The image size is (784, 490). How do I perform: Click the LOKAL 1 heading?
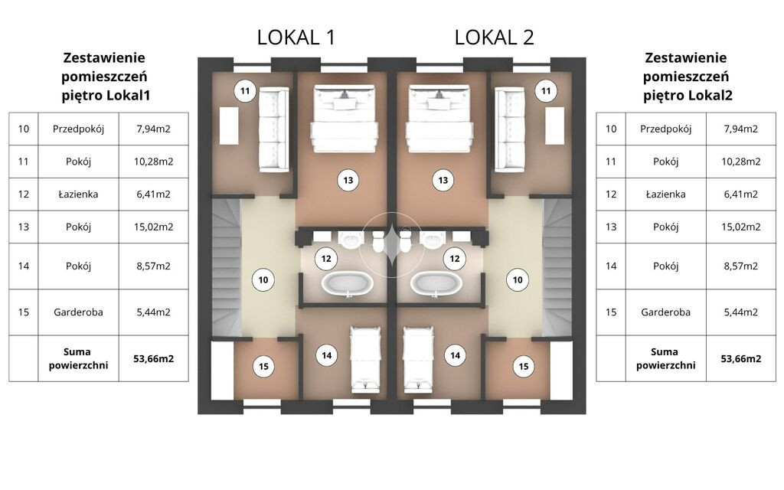coord(296,38)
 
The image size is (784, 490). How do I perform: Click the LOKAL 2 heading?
coord(494,38)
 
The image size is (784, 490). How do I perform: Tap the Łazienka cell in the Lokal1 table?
coord(79,194)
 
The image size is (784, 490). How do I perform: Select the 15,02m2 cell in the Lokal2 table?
coord(740,227)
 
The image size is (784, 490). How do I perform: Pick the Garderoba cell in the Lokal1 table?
coord(79,312)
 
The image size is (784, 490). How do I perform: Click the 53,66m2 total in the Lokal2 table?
coord(740,358)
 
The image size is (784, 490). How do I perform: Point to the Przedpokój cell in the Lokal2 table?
coord(665,129)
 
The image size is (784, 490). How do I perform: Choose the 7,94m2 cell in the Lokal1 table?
coord(153,129)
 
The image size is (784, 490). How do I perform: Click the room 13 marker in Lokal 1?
coord(348,181)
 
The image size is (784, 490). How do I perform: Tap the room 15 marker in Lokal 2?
coord(524,367)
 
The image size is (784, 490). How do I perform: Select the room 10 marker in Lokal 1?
coord(263,280)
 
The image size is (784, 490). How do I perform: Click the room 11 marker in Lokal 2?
coord(546,91)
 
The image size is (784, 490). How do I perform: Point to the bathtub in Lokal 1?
coord(347,284)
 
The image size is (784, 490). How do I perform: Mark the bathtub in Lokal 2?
coord(436,284)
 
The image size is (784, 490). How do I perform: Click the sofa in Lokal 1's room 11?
coord(274,130)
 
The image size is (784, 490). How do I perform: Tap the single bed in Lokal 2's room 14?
coord(418,360)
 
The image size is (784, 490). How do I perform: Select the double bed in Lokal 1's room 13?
coord(344,119)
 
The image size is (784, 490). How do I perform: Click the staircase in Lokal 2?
coord(557,267)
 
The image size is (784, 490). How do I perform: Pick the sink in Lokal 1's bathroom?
coord(351,239)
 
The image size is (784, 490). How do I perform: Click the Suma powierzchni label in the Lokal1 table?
coord(78,358)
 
